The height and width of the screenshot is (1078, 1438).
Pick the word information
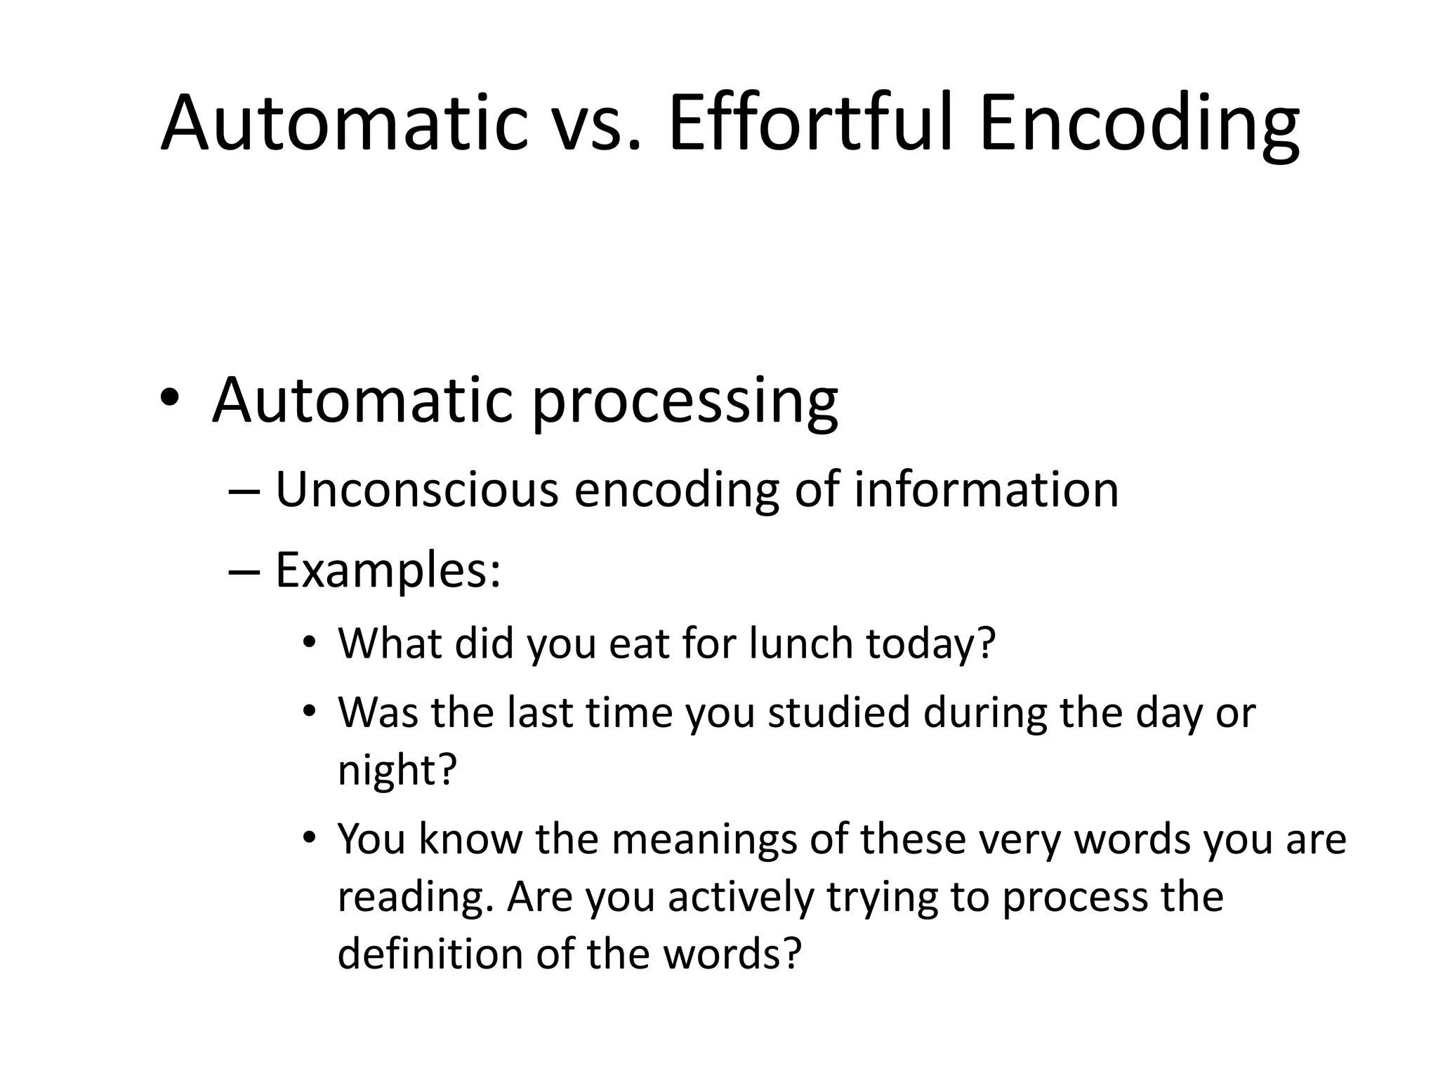coord(986,489)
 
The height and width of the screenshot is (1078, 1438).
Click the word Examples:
coord(388,570)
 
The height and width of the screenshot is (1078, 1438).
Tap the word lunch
coord(800,643)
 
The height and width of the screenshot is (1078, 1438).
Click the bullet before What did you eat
coord(310,643)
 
